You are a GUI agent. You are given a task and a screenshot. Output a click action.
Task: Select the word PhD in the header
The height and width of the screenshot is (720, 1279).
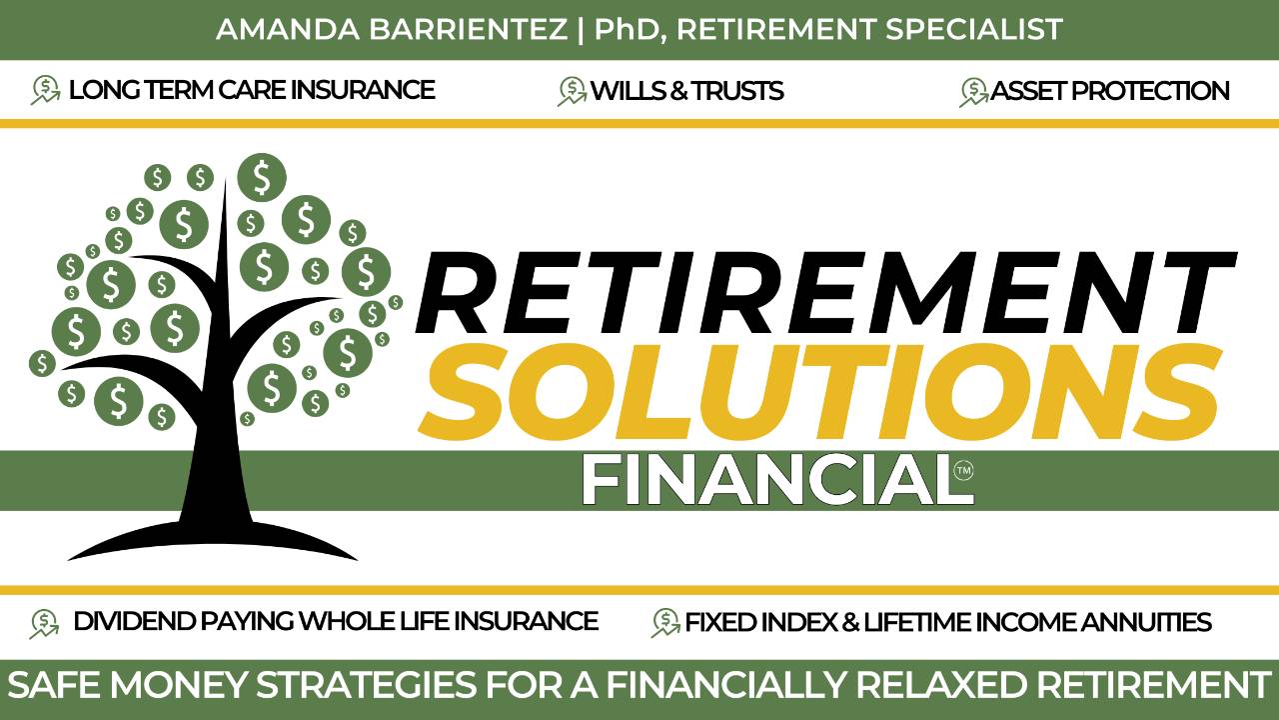(629, 29)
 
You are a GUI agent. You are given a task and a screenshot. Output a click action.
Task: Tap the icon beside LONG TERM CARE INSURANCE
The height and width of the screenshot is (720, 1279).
(45, 91)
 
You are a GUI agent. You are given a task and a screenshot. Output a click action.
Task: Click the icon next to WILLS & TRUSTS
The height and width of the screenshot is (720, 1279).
(572, 92)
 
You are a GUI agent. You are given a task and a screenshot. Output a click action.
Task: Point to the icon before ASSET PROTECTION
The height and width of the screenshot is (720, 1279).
(973, 92)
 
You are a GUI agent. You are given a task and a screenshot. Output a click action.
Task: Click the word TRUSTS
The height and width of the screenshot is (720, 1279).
(737, 91)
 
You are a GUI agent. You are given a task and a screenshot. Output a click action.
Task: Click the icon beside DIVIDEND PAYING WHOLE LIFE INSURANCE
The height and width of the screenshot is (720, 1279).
(45, 623)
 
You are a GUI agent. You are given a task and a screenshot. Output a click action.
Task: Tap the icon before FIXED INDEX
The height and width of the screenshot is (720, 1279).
(665, 623)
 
